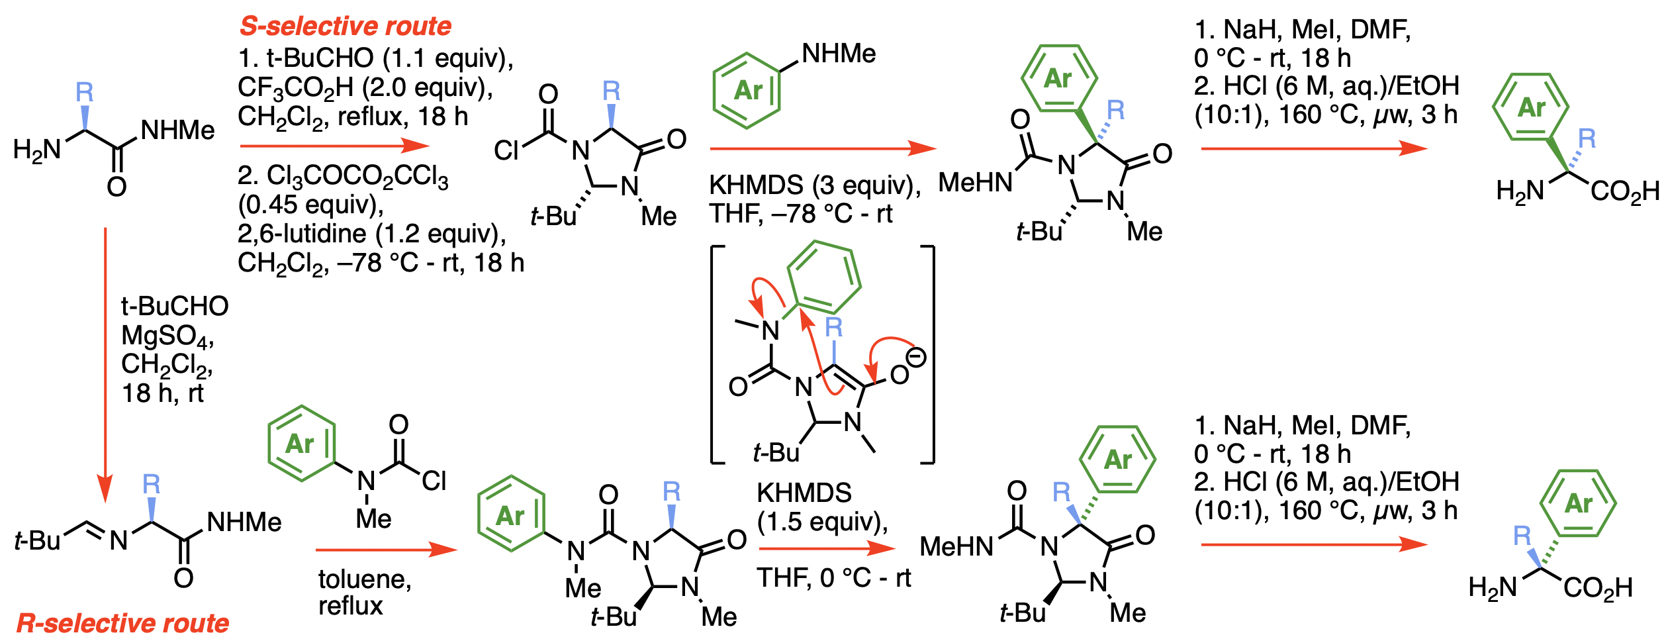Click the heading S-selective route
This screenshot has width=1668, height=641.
pos(345,26)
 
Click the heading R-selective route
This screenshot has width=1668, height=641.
pos(122,623)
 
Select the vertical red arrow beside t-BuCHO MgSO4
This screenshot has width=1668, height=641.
pos(105,364)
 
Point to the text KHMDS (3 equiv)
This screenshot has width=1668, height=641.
pos(814,185)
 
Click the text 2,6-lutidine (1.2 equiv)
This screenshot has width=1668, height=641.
pos(372,234)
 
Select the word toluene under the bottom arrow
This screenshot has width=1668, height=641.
pos(365,579)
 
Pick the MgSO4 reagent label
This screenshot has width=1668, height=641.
pos(167,336)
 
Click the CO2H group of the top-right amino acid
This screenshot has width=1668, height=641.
pos(1625,192)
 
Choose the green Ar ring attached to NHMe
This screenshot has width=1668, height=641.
pos(747,90)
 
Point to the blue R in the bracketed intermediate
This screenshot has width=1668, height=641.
pos(833,327)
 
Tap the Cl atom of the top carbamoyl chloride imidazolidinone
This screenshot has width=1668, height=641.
pos(506,151)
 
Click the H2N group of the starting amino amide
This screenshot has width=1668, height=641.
pos(37,150)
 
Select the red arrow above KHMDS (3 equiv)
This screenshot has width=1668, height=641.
pos(823,148)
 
